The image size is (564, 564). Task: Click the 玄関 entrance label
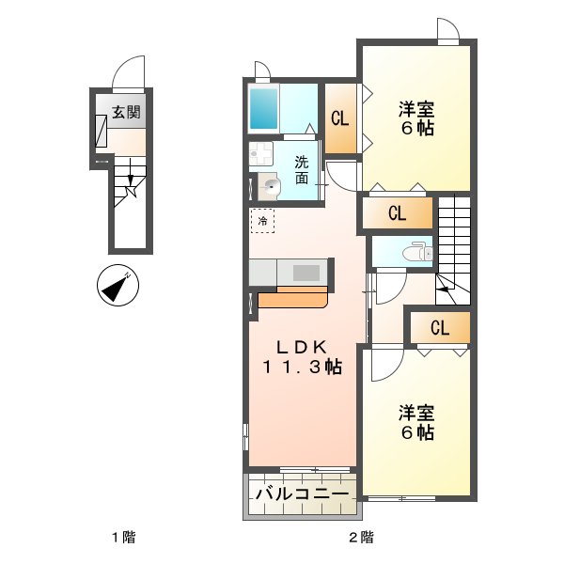pyautogui.click(x=126, y=113)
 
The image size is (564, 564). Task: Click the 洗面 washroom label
pyautogui.click(x=301, y=169)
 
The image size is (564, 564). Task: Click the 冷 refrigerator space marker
pyautogui.click(x=263, y=221)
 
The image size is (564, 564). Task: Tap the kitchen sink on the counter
pyautogui.click(x=305, y=273)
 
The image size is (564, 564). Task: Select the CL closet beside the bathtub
pyautogui.click(x=340, y=119)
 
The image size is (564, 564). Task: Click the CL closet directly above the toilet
pyautogui.click(x=397, y=213)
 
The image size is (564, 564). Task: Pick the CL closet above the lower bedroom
pyautogui.click(x=439, y=328)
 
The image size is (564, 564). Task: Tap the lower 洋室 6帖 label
pyautogui.click(x=415, y=422)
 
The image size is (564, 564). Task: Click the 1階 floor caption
pyautogui.click(x=123, y=539)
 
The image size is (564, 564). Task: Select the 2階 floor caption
pyautogui.click(x=361, y=539)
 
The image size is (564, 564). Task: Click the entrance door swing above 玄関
pyautogui.click(x=129, y=71)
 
